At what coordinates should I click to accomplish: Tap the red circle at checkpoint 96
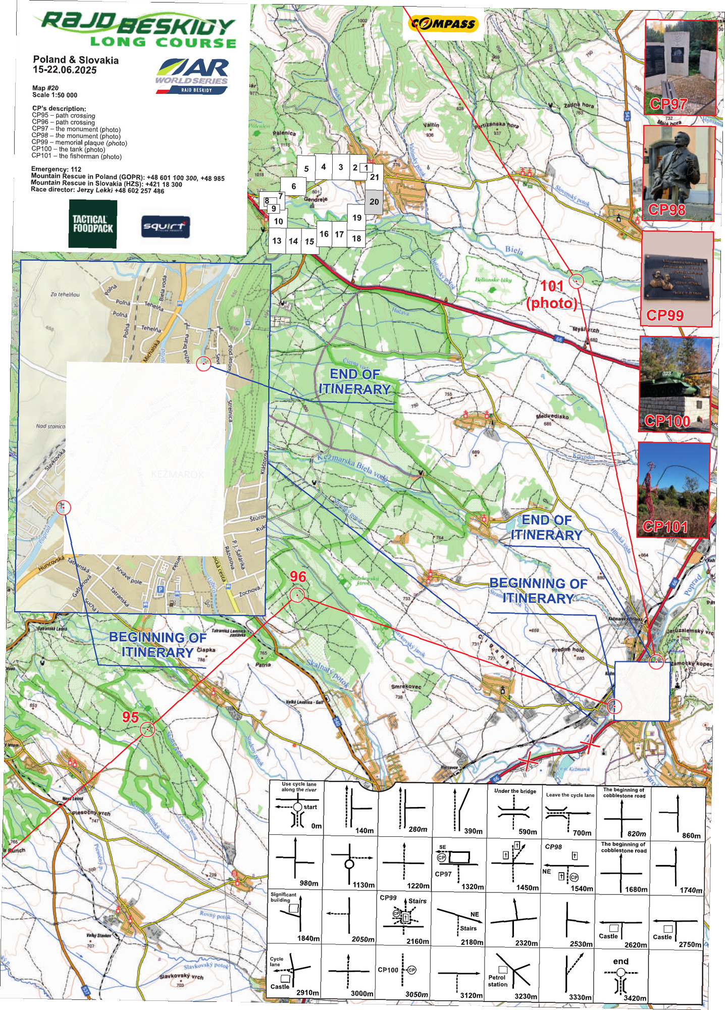coord(297,595)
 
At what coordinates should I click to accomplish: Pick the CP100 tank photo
coord(676,385)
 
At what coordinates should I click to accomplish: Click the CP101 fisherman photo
coord(673,490)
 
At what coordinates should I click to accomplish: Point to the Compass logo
coord(443,24)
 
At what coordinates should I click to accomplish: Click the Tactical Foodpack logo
coord(93,224)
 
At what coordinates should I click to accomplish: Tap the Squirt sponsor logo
coord(166,227)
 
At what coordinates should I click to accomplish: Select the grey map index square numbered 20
coord(374,202)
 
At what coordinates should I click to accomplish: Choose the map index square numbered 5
coord(306,169)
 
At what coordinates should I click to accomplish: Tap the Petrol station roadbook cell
coord(513,975)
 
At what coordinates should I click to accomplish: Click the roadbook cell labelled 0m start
coord(296,808)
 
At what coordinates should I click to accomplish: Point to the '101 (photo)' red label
coord(551,294)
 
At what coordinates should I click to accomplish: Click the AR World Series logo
coord(192,76)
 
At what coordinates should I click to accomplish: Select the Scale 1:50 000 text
coord(55,95)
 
